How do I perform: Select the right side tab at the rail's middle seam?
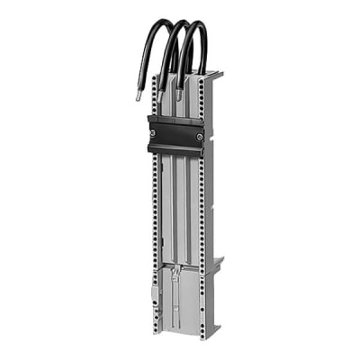pos(217,264)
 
